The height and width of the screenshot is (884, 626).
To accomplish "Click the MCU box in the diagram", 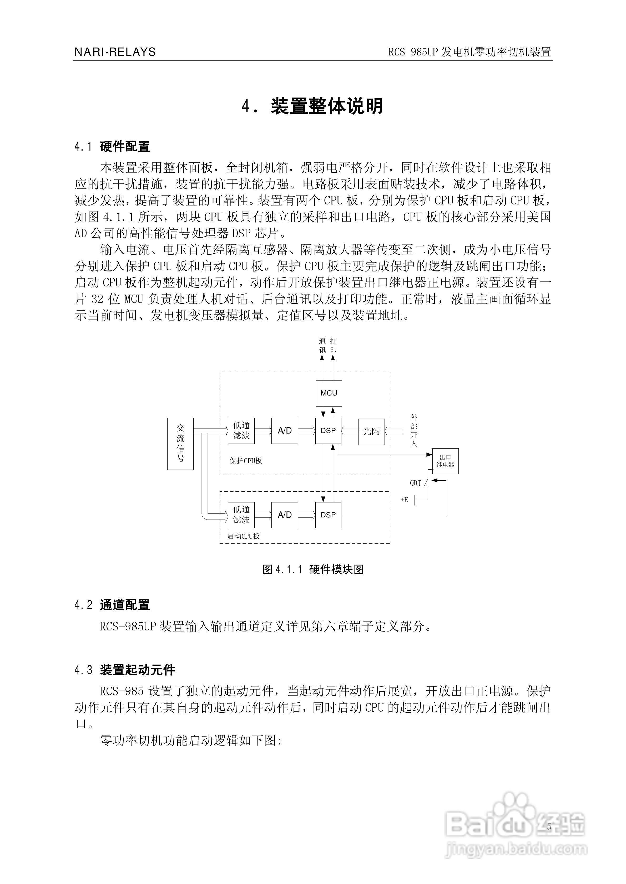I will tap(329, 393).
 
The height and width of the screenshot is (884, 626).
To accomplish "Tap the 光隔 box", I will tap(372, 431).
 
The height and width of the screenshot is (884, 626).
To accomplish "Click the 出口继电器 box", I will tap(445, 461).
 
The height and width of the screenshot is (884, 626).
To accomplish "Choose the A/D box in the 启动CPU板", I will tap(285, 515).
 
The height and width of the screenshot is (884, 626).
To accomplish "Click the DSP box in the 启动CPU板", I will tap(329, 515).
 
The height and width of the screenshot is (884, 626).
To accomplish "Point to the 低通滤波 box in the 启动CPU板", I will tap(241, 515).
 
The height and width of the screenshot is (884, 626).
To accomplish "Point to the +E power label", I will tap(404, 500).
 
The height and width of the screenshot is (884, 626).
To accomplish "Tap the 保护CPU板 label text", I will tap(246, 461).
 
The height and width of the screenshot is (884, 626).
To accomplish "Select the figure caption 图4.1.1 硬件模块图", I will tap(313, 569).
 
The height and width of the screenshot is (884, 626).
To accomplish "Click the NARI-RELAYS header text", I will tap(115, 52).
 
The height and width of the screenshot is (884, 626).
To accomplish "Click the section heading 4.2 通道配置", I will tap(112, 605).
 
